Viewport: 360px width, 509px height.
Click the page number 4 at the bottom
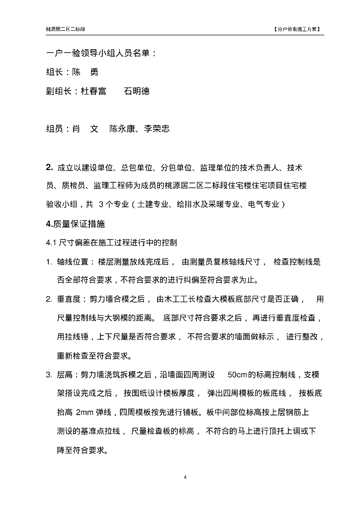[185, 477]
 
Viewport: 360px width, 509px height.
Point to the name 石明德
[137, 91]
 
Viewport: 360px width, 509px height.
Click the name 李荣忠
[157, 129]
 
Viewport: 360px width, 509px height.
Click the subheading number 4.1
[52, 243]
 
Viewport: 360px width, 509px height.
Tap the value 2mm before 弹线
[87, 412]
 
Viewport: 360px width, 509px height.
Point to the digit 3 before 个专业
[101, 204]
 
